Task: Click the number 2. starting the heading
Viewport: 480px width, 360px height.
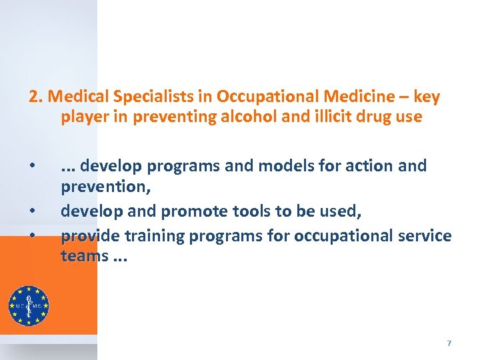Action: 35,97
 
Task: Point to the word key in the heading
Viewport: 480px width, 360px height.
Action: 427,97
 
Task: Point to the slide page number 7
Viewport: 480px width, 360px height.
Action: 449,343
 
